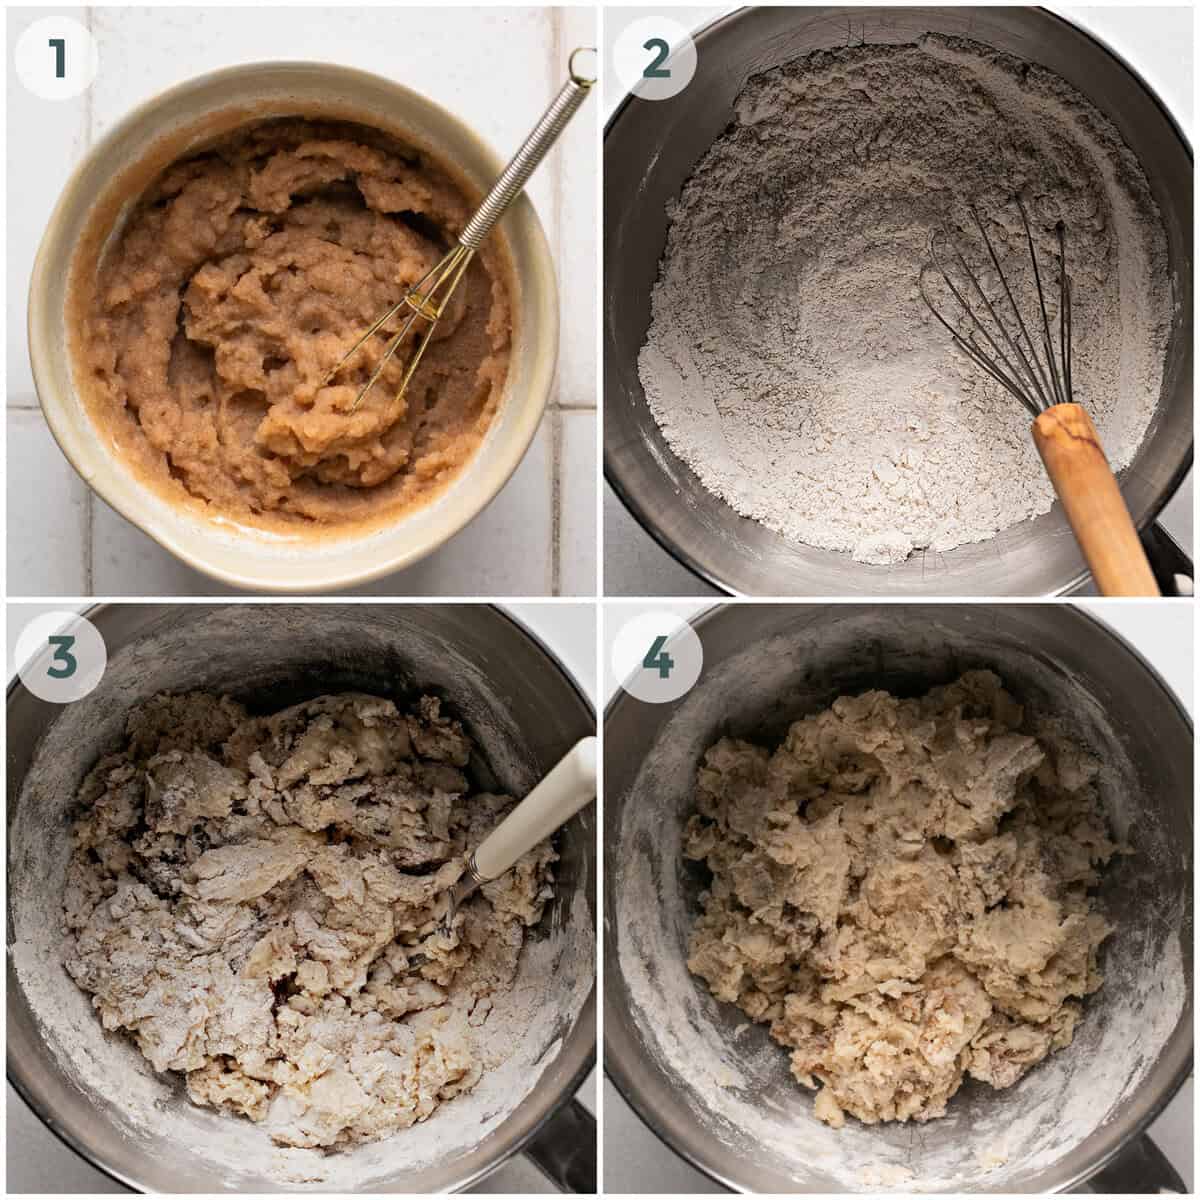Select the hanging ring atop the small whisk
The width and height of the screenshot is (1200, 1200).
[580, 65]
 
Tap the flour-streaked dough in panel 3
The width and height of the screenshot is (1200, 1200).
[280, 900]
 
